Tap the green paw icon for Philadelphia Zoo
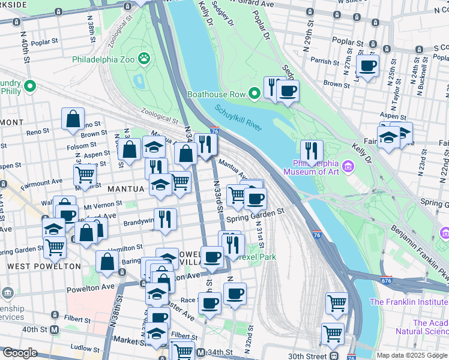pyautogui.click(x=144, y=58)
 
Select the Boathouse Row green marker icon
pyautogui.click(x=255, y=93)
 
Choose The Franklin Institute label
pyautogui.click(x=409, y=302)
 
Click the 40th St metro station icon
pyautogui.click(x=55, y=329)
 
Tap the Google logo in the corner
pyautogui.click(x=19, y=353)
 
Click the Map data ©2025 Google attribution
pyautogui.click(x=412, y=355)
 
